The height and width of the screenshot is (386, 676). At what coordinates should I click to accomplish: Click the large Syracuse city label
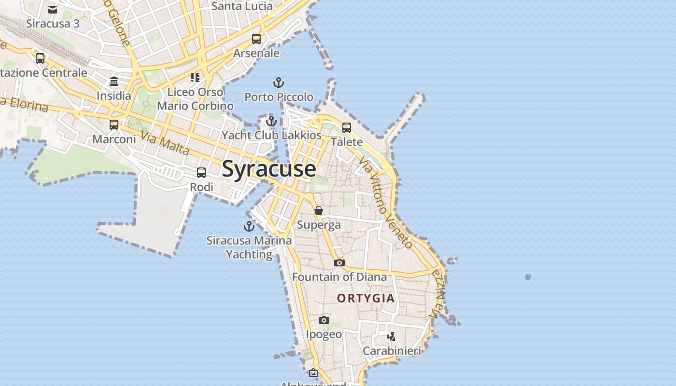click(269, 169)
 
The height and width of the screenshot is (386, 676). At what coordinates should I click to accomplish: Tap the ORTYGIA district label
click(366, 298)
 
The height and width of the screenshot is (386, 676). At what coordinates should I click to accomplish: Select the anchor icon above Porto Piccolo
click(279, 83)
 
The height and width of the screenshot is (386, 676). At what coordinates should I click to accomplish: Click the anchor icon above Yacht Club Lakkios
click(271, 121)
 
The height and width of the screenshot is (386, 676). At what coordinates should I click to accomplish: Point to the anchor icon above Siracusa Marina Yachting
click(249, 226)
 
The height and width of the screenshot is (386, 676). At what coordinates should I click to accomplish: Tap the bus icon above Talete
click(347, 127)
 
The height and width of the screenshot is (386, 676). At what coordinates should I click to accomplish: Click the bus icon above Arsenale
click(256, 39)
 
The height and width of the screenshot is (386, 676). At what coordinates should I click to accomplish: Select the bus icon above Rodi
click(201, 172)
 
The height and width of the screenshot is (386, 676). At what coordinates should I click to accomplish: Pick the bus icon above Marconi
click(114, 125)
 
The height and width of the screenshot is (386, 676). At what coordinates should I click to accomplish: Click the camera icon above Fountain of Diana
click(339, 262)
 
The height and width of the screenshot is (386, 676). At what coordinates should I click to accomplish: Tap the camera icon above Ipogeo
click(324, 320)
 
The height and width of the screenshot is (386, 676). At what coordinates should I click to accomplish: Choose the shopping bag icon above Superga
click(319, 210)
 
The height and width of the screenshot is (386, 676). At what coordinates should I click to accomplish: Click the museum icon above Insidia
click(114, 81)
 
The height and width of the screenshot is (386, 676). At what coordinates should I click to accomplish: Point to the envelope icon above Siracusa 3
click(53, 10)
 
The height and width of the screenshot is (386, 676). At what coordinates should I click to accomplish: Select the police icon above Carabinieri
click(392, 336)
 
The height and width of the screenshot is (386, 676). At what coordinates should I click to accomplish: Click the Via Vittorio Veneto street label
click(387, 203)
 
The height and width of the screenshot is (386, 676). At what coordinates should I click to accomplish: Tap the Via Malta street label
click(166, 143)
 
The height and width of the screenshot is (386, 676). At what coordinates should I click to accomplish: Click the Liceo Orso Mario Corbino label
click(196, 99)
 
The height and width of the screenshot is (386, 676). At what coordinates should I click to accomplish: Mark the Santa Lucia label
click(242, 6)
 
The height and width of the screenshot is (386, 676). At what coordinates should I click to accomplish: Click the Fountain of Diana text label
click(339, 277)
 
